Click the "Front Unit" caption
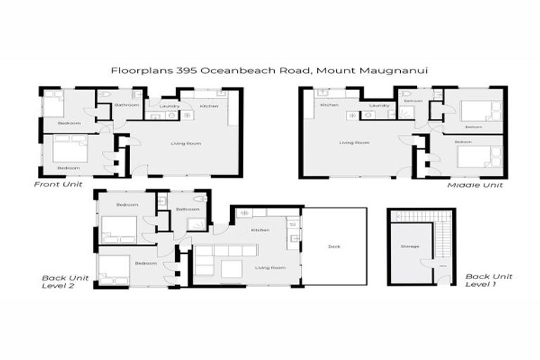click(x=58, y=184)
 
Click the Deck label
click(x=334, y=246)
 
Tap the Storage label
click(x=409, y=246)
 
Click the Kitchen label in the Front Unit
click(x=209, y=106)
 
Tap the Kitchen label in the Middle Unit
click(x=329, y=105)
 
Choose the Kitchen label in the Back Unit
click(x=261, y=229)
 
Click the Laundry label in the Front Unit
click(x=169, y=106)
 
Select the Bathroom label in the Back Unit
click(x=187, y=209)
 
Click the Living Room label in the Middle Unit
click(x=354, y=143)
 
